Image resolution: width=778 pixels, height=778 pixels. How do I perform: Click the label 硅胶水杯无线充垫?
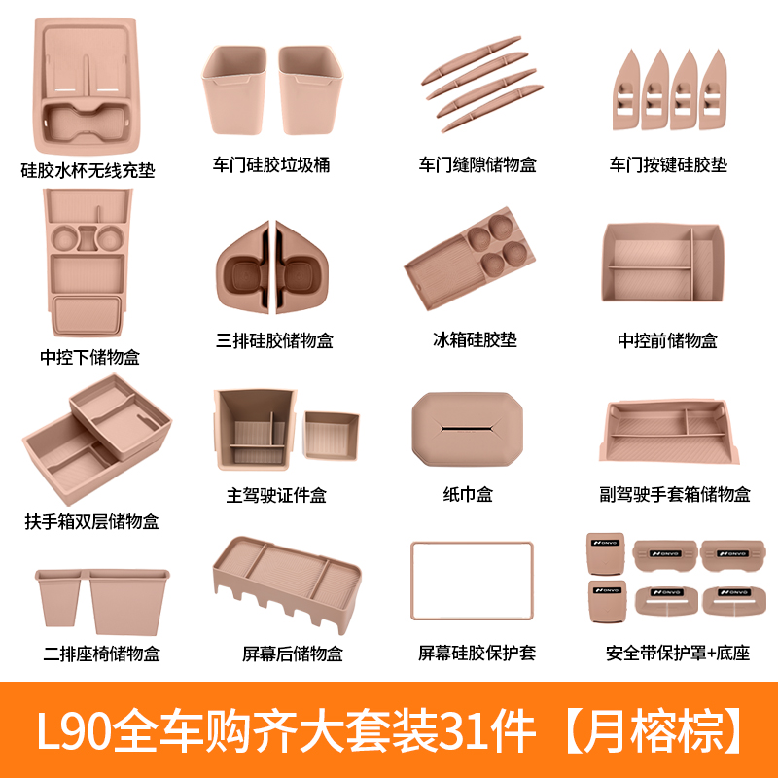[x=88, y=171]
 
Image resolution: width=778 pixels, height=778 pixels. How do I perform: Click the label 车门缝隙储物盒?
[x=477, y=165]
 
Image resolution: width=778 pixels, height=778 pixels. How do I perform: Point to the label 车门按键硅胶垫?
[x=668, y=165]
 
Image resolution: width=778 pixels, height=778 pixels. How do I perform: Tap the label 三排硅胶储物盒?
[x=275, y=340]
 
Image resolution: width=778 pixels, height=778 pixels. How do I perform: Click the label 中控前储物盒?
[x=668, y=340]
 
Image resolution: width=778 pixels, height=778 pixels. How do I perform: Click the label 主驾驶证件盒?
[x=276, y=495]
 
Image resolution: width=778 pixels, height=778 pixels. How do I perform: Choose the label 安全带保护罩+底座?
[x=678, y=654]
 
